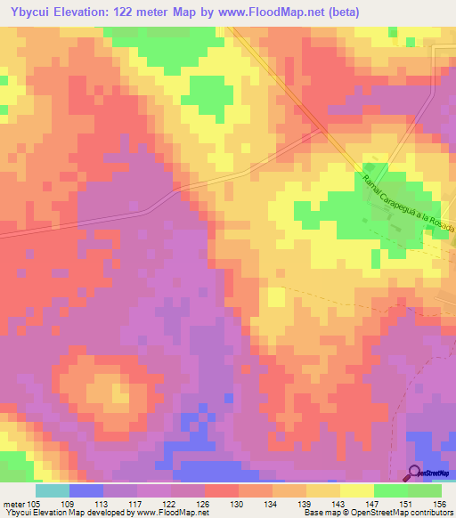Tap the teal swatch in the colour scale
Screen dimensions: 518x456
[x=53, y=490]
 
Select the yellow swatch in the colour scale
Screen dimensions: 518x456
[x=356, y=490]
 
